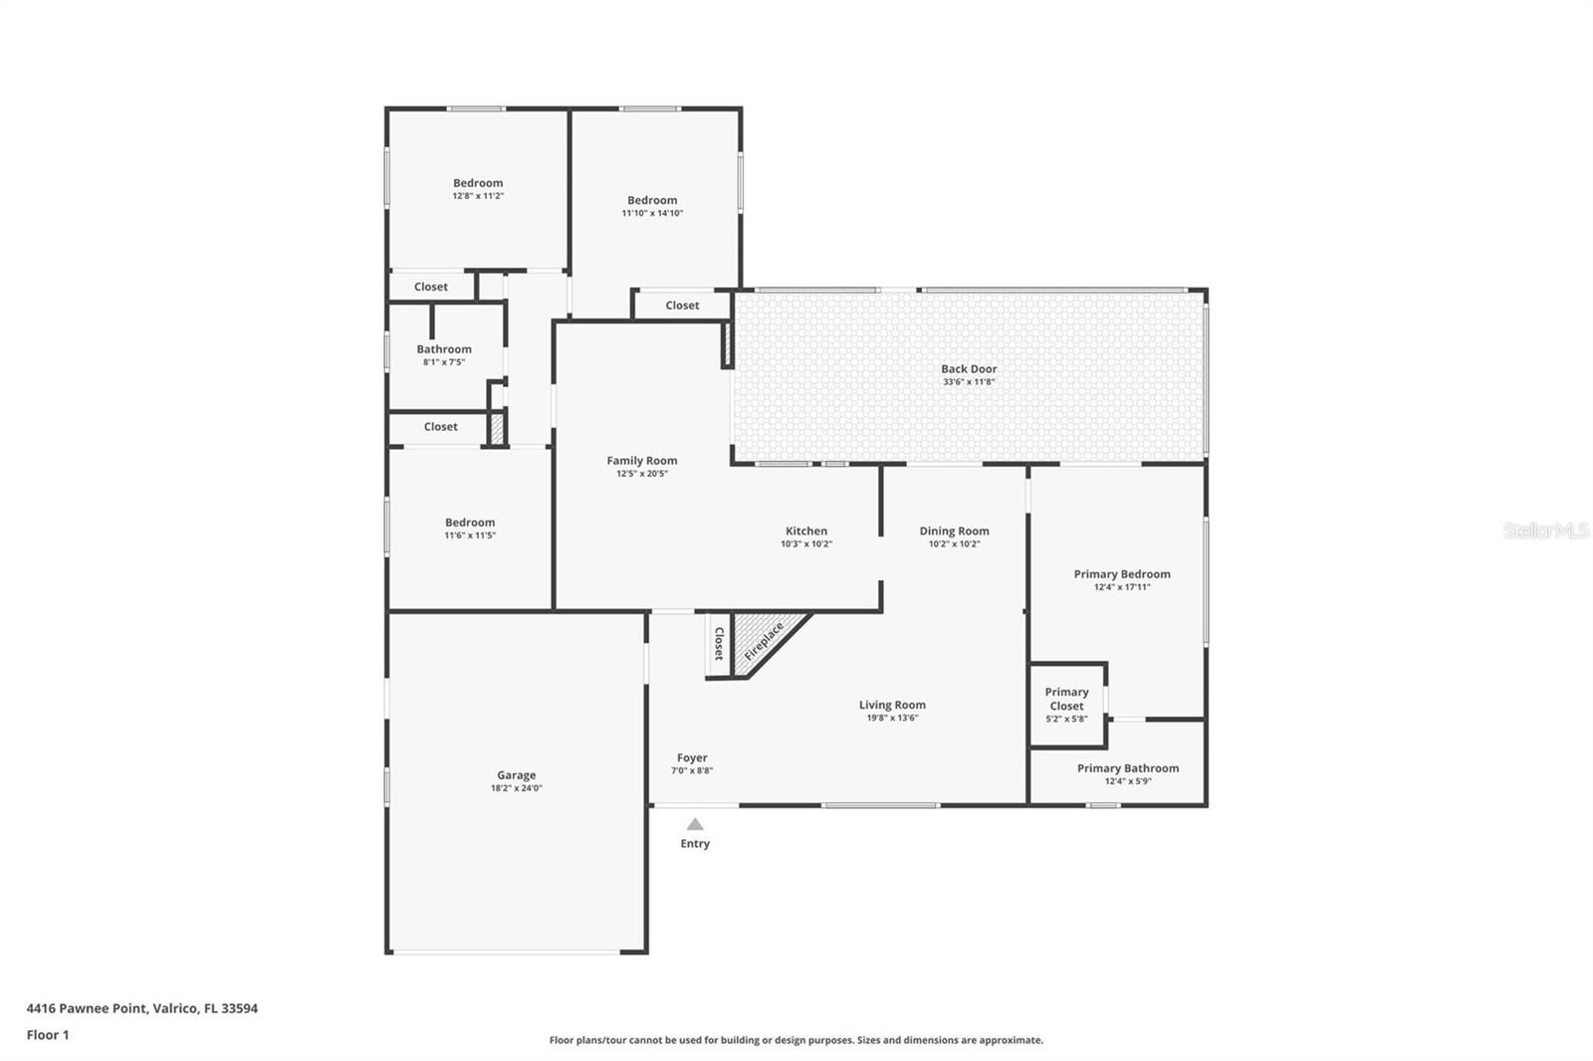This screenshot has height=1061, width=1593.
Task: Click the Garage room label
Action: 516,775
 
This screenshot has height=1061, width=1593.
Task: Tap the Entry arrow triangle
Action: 695,824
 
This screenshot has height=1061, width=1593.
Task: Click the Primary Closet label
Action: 1066,699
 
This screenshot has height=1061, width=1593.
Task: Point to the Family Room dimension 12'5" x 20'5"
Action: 641,474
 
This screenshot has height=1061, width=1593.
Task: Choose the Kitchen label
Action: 805,530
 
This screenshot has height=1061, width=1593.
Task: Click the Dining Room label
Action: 954,530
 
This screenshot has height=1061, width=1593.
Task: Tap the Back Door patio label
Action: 969,368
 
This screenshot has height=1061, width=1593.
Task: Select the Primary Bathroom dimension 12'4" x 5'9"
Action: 1127,781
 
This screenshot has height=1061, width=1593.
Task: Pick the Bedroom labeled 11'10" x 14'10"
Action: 652,200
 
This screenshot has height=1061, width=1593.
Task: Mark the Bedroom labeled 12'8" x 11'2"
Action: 478,183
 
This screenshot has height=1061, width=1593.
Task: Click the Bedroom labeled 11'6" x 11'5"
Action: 470,523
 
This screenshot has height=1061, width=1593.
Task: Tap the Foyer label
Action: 692,757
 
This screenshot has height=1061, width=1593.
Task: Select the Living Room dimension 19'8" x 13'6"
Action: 892,718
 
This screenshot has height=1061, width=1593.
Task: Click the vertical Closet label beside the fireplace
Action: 719,643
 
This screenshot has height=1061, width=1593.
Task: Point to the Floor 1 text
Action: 48,1035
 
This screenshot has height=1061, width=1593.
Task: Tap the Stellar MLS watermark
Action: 1545,530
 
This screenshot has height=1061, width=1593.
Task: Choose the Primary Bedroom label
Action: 1122,573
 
